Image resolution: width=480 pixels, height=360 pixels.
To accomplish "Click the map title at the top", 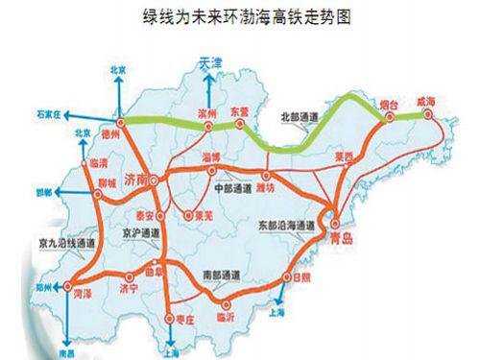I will (239, 17).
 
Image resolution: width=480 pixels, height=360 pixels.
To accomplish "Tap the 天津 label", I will (210, 62).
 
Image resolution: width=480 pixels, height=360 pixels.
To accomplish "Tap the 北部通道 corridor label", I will (296, 119).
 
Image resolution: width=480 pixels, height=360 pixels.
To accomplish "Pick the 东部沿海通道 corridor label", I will (285, 225).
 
